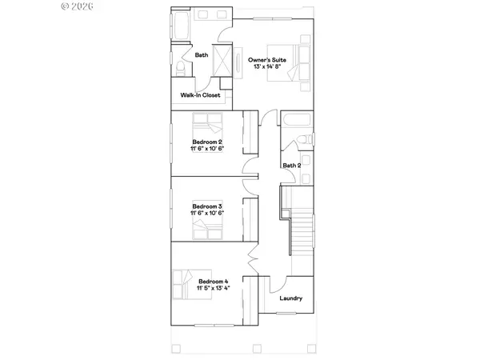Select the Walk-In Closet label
pyautogui.click(x=200, y=95)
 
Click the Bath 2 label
pyautogui.click(x=291, y=166)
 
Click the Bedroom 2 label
pyautogui.click(x=206, y=141)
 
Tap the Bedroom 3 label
pyautogui.click(x=206, y=206)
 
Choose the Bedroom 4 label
pyautogui.click(x=214, y=282)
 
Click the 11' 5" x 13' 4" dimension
pyautogui.click(x=214, y=290)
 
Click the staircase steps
pyautogui.click(x=302, y=233)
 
